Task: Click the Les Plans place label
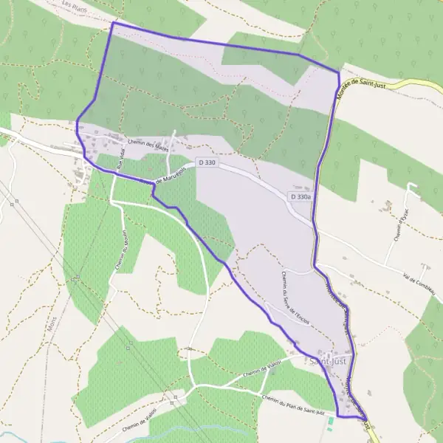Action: pos(74,5)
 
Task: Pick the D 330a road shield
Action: pos(301,197)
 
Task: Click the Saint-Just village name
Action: pos(327,361)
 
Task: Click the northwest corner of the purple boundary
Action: pos(113,24)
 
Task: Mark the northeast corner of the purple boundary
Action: pos(338,72)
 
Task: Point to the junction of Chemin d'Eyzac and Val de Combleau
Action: pos(385,265)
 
